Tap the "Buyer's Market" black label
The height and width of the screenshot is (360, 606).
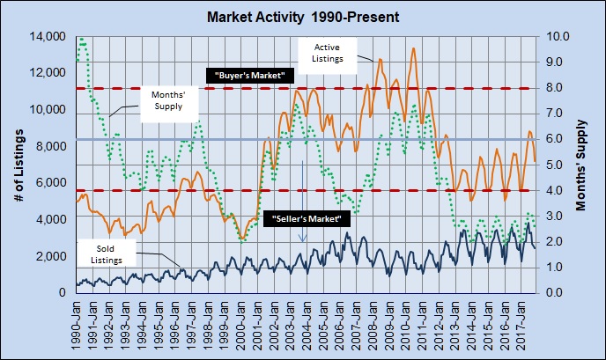pyautogui.click(x=249, y=76)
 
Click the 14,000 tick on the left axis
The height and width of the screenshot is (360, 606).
pyautogui.click(x=49, y=37)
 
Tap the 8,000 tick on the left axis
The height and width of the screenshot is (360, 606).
pyautogui.click(x=53, y=146)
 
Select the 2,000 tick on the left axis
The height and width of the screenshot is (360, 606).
pyautogui.click(x=53, y=256)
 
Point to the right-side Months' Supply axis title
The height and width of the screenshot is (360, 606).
pyautogui.click(x=582, y=165)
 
